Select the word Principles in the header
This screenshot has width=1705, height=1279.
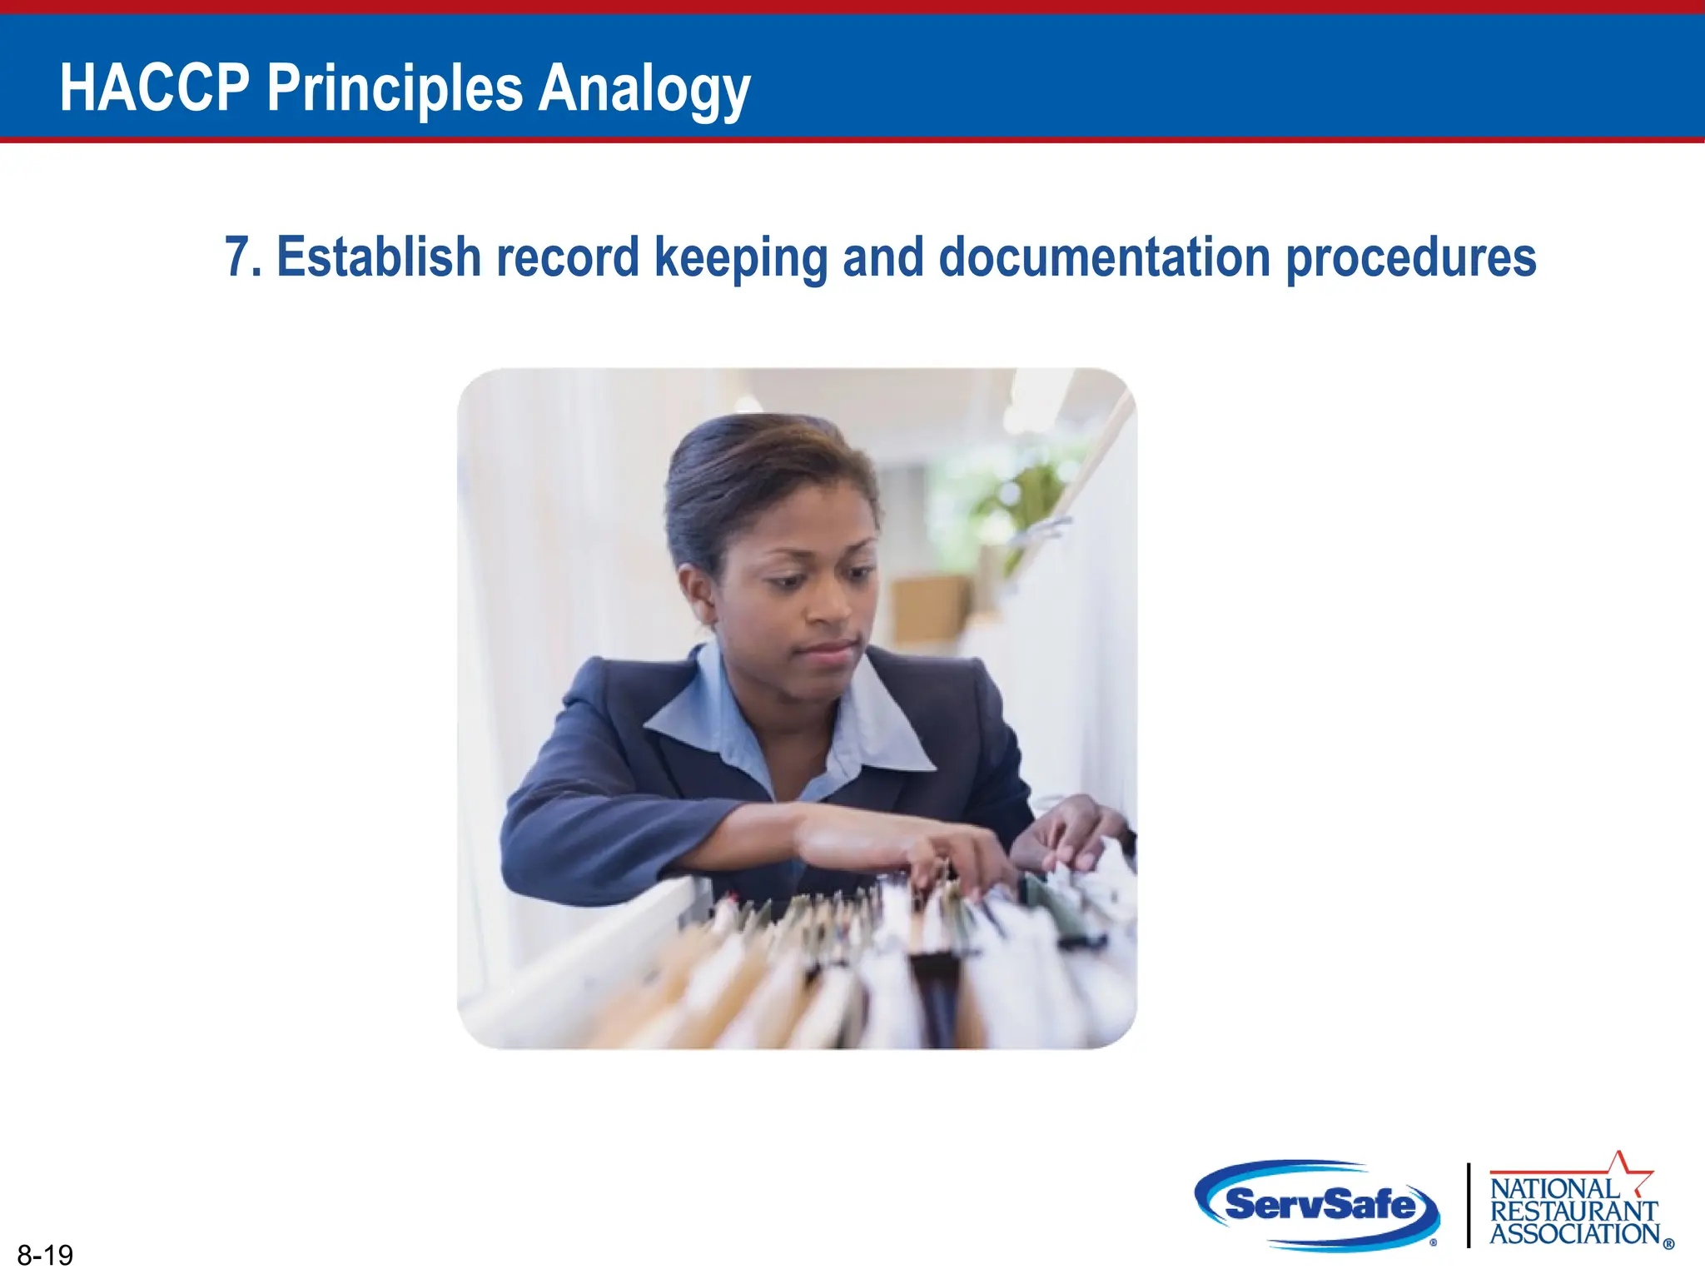pos(395,90)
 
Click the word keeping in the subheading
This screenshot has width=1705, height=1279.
pos(741,258)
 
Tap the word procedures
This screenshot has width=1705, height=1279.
pos(1411,258)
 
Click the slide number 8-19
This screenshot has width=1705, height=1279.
pos(45,1254)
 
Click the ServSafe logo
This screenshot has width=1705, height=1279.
pos(1319,1204)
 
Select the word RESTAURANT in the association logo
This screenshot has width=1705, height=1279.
pos(1573,1211)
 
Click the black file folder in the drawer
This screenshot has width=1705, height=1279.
pos(937,995)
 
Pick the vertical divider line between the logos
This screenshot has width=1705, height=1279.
pos(1469,1204)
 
